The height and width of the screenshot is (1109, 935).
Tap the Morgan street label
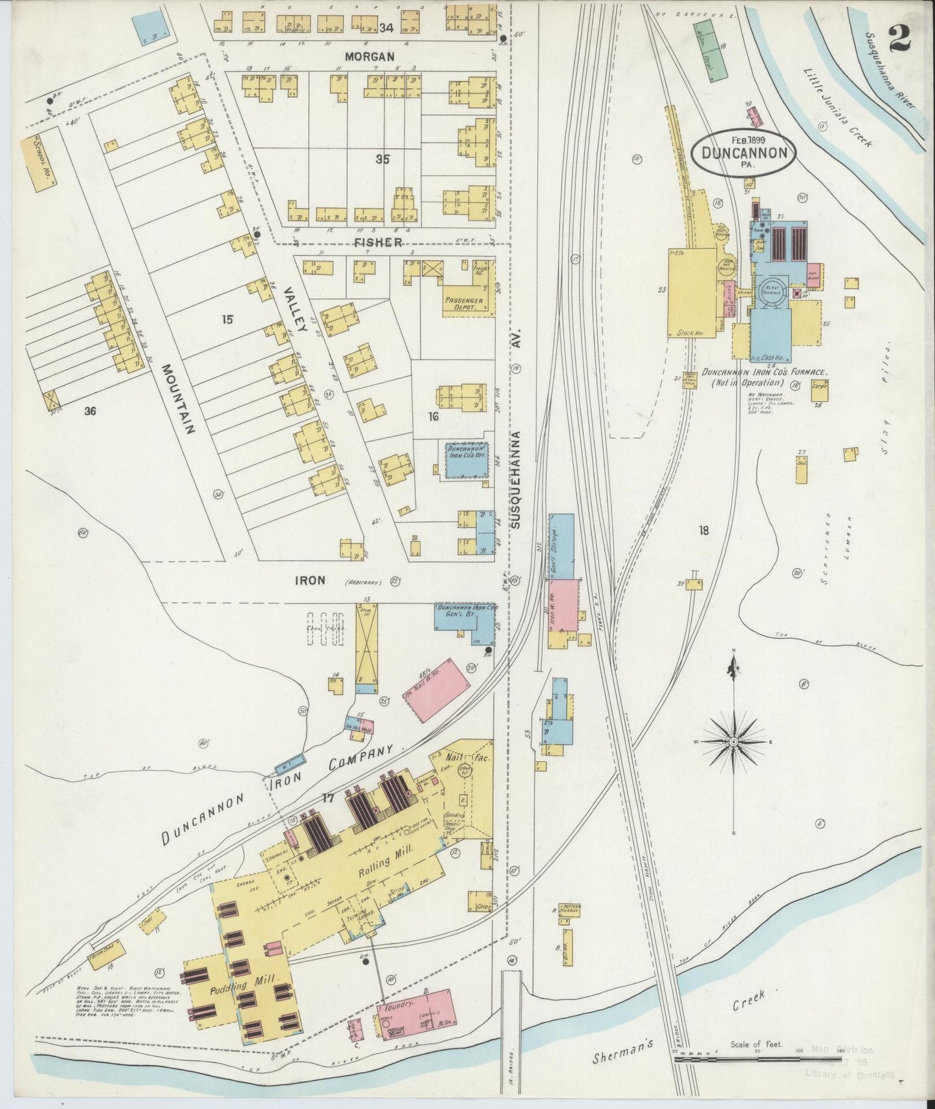369,57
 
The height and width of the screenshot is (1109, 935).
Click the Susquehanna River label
892,79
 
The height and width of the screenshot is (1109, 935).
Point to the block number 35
382,159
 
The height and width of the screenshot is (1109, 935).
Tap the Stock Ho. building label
690,333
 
